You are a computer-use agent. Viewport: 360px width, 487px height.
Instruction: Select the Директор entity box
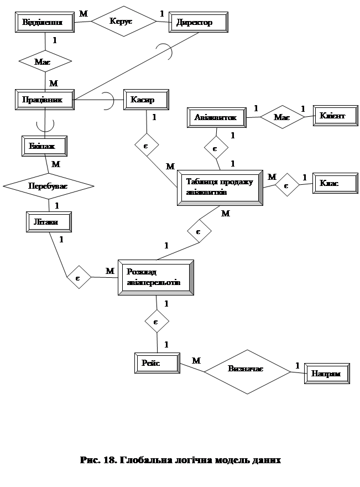(x=198, y=23)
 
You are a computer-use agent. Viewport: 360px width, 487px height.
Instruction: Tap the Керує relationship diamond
(x=124, y=21)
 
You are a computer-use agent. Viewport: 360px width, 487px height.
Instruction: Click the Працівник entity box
(x=44, y=100)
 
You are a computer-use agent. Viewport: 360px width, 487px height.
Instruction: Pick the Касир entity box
(x=145, y=100)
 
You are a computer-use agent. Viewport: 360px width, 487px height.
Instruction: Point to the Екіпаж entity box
(x=46, y=146)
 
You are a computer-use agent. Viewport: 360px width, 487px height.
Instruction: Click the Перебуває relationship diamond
(x=48, y=187)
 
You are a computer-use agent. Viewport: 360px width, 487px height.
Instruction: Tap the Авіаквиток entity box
(x=216, y=117)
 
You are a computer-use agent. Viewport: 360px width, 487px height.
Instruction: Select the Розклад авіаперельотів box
(x=156, y=277)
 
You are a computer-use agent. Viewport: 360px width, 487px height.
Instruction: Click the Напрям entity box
(x=329, y=374)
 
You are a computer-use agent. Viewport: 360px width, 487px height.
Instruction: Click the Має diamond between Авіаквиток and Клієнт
(x=282, y=117)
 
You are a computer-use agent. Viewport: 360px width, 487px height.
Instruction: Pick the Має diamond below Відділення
(x=45, y=61)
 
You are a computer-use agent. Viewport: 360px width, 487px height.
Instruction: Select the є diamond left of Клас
(x=287, y=184)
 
